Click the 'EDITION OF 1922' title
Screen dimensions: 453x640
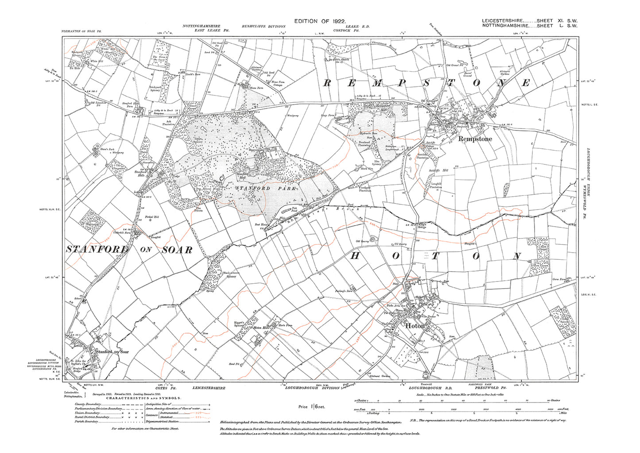point(320,21)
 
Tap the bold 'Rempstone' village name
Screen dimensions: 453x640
point(475,139)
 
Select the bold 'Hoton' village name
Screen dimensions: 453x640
point(415,326)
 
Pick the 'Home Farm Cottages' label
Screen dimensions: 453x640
point(278,83)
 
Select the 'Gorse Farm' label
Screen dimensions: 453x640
point(559,280)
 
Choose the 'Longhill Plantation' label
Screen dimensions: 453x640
point(436,186)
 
